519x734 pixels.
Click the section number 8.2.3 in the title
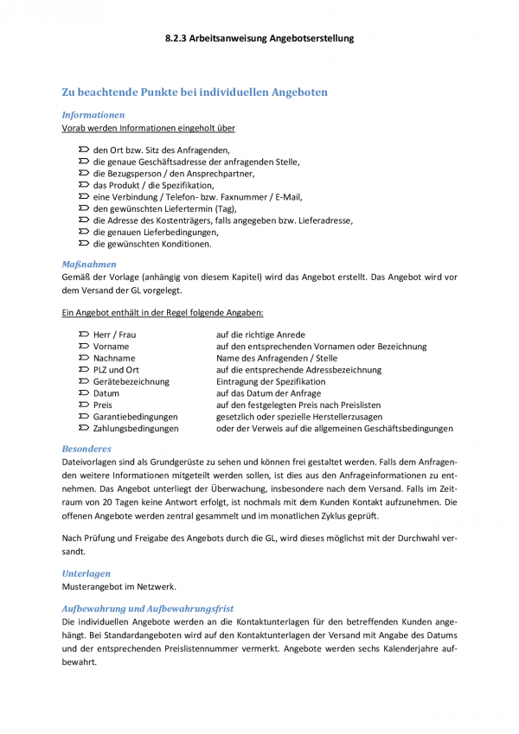178,38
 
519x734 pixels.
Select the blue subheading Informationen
93,114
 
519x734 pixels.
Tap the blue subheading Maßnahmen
89,264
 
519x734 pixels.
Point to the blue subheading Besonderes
86,449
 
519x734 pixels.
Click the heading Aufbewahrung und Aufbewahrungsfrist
147,608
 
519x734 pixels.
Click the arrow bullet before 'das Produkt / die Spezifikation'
84,185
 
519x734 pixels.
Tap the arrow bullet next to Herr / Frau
84,335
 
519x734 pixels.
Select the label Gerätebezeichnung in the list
131,381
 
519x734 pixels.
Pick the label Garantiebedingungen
135,417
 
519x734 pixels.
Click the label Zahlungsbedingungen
136,428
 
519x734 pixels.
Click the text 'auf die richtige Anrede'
260,335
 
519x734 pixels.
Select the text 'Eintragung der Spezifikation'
271,381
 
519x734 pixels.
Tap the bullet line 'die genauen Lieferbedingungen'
156,232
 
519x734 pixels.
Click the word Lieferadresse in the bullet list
324,220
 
